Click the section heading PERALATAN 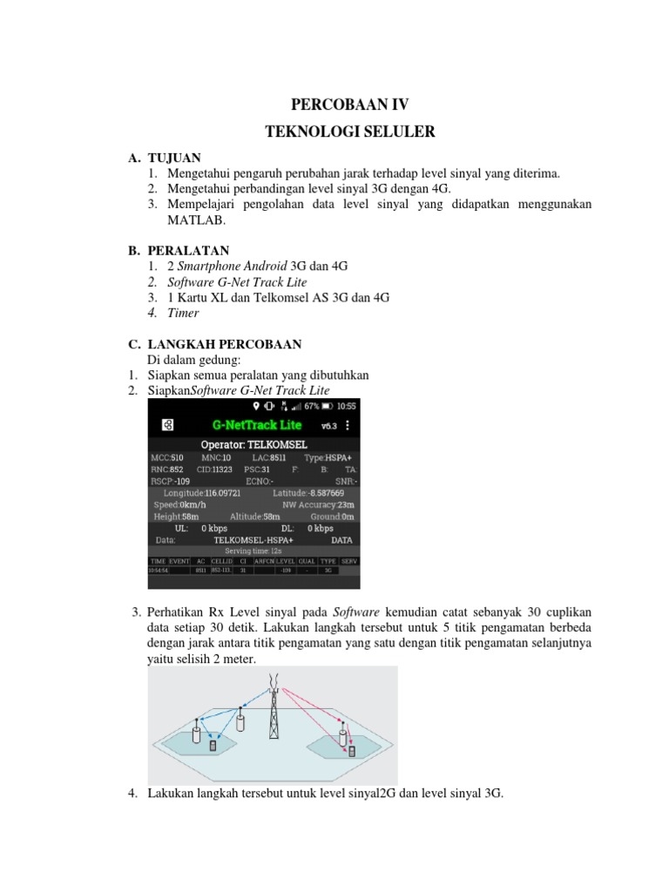pos(189,251)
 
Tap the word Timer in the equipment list pos(184,313)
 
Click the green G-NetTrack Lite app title pos(257,424)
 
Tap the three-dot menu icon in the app pos(348,425)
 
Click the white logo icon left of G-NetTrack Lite pos(168,425)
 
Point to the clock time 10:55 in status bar pos(346,406)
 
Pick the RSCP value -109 pos(182,480)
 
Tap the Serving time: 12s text pos(253,551)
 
